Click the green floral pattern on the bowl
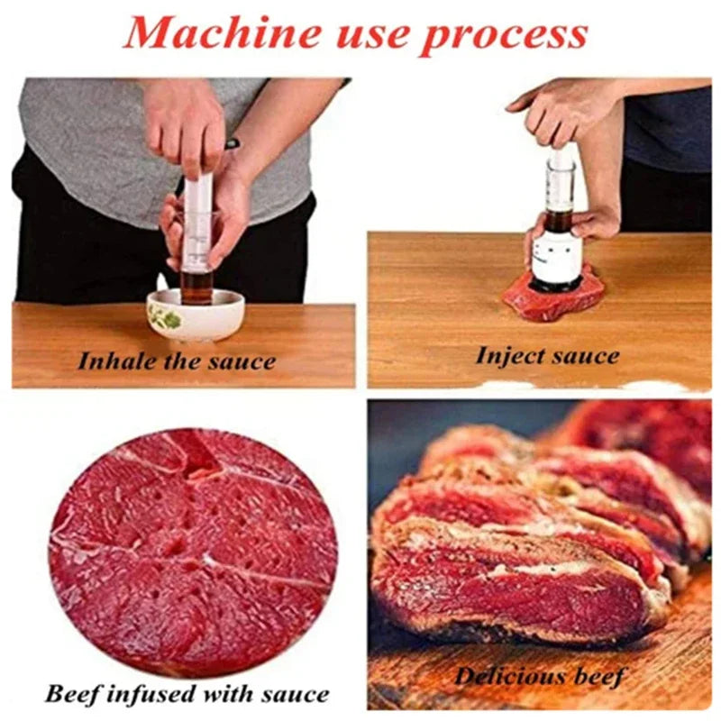pos(165,317)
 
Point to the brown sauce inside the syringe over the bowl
pos(196,286)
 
